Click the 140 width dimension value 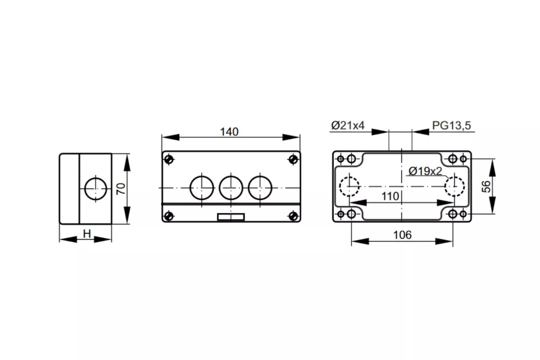229,132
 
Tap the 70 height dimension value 121,189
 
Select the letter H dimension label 87,233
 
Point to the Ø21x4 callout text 348,125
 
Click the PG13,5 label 451,125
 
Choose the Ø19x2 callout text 426,171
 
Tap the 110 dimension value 390,196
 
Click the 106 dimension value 402,235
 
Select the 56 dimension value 486,187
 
